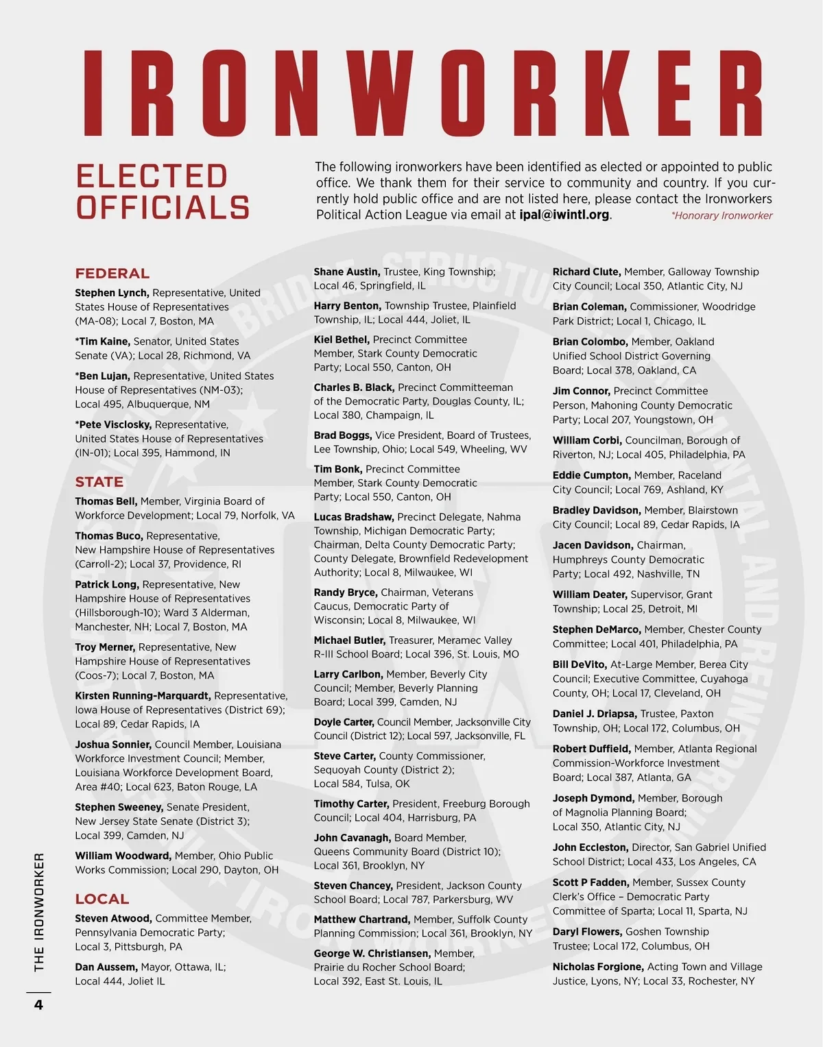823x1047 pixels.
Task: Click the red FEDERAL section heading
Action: (112, 274)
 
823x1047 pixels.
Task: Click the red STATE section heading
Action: (99, 482)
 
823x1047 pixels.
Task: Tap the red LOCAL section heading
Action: (102, 899)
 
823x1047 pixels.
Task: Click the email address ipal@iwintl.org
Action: (564, 215)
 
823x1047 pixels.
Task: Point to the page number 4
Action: (38, 1005)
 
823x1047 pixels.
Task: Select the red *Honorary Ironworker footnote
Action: (721, 216)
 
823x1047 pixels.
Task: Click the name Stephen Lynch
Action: (112, 293)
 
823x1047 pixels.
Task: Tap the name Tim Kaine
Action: (102, 341)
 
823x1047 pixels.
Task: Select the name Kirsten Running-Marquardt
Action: (143, 696)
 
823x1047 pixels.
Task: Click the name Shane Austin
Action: (346, 272)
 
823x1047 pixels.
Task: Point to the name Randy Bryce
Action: (345, 592)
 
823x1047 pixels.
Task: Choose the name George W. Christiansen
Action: (372, 954)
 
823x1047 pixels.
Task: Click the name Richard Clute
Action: (586, 272)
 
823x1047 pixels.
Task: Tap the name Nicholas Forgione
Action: (598, 967)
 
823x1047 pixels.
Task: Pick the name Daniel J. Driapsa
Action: (595, 714)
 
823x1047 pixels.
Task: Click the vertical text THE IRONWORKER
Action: (39, 912)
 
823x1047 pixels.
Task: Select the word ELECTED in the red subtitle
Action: (152, 177)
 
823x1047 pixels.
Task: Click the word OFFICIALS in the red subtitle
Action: (163, 208)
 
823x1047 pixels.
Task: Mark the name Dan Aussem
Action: (106, 967)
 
